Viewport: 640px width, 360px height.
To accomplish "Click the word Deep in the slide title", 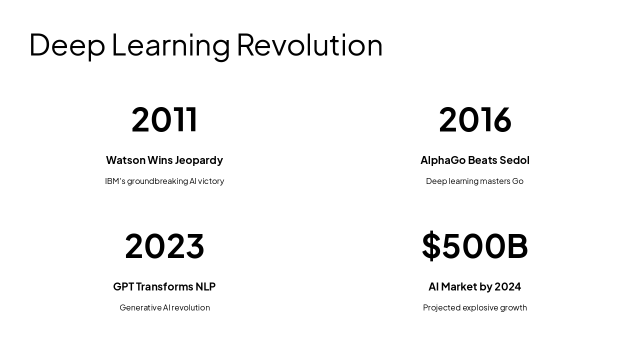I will coord(67,45).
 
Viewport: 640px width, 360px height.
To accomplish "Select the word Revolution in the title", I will coord(309,45).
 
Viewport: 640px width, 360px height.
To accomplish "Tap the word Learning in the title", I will coord(170,45).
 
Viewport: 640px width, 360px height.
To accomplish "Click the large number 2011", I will coord(164,119).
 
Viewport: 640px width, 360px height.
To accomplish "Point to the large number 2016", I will coord(475,119).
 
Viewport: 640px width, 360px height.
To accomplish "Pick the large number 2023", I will coord(164,246).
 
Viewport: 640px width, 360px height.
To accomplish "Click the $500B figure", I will coord(475,246).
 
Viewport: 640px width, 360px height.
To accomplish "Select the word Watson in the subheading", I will coord(125,160).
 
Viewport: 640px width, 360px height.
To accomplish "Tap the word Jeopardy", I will coord(199,160).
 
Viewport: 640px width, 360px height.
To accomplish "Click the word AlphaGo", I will coord(443,160).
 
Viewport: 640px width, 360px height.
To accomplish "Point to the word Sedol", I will coord(513,160).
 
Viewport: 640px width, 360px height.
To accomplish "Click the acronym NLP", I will coord(205,286).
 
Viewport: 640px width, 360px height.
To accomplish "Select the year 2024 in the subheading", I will coord(507,286).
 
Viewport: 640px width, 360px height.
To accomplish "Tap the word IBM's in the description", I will coord(115,181).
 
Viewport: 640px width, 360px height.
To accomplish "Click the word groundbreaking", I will coord(157,181).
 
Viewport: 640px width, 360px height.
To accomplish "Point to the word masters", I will coord(495,181).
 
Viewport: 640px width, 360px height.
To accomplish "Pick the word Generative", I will coord(140,307).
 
